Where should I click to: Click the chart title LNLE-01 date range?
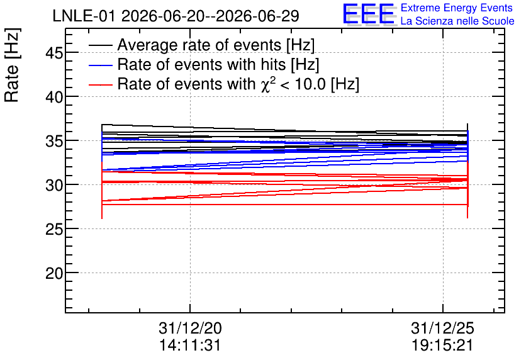[176, 16]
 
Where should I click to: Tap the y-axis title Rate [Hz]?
[12, 65]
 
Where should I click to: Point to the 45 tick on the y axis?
[54, 53]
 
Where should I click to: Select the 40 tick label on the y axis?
[54, 97]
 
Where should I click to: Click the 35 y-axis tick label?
[54, 141]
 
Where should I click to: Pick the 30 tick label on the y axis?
[54, 185]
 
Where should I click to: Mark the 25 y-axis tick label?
[54, 229]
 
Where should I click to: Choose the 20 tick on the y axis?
[54, 273]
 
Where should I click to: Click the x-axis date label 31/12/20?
[190, 328]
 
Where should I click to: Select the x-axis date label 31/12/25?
[443, 328]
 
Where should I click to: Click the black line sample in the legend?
[101, 45]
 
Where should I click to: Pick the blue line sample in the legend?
[101, 65]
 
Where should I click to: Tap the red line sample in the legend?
[101, 85]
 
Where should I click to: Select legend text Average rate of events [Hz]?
[216, 45]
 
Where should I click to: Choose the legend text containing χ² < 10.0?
[238, 84]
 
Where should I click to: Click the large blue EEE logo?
[369, 14]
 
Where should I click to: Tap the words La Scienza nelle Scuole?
[457, 21]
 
